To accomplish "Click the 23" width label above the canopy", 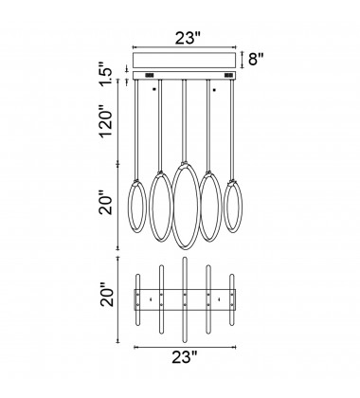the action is coord(188,38).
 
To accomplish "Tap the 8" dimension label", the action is coord(256,59).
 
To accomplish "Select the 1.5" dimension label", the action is coord(107,75).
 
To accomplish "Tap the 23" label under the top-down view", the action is coord(185,357).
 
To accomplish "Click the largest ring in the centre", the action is coord(172,206).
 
